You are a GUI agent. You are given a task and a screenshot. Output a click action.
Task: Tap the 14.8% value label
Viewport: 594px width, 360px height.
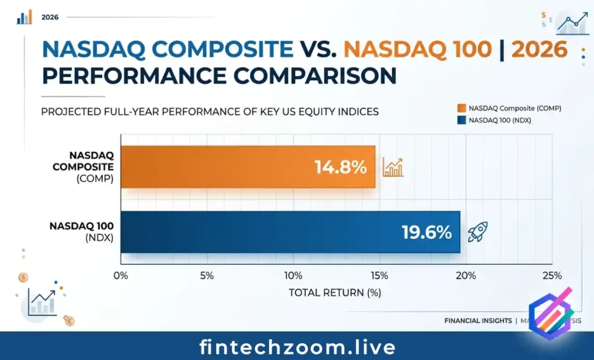click(341, 168)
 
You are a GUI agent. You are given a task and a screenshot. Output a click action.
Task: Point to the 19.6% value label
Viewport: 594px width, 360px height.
click(426, 232)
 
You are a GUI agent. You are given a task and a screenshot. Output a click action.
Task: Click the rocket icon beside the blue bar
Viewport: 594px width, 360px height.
click(478, 232)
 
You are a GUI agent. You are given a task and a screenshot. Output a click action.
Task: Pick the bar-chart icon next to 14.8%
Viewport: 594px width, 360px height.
click(393, 168)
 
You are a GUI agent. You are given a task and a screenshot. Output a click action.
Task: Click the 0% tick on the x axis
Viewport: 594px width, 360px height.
click(121, 275)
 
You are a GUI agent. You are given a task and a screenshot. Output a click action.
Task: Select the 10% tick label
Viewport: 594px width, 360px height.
click(294, 275)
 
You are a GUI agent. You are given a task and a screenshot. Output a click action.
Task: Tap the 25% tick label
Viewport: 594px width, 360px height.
click(552, 275)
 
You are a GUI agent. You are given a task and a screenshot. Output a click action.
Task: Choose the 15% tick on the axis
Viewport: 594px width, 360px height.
click(380, 275)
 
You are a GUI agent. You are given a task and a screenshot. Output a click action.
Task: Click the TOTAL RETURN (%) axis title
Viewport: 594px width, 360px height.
click(335, 293)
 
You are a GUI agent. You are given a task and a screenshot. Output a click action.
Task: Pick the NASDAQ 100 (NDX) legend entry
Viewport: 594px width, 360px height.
click(499, 120)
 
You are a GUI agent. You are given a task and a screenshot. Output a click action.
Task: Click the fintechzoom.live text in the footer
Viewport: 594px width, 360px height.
click(297, 347)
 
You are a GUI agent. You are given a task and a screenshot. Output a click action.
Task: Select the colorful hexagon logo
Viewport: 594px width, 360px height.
click(550, 314)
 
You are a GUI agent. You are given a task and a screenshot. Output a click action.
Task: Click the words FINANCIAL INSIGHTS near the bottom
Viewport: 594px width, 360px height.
click(478, 321)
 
